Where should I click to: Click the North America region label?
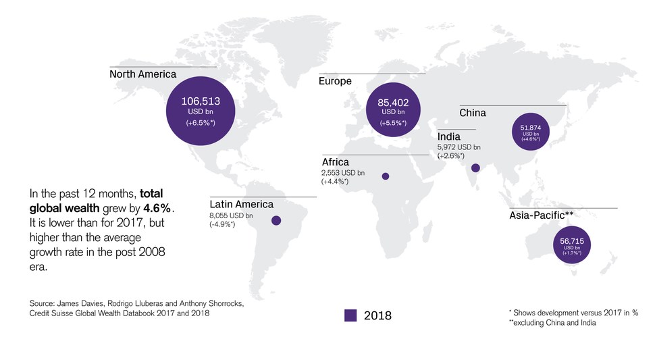(142, 74)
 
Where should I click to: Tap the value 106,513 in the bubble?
(201, 102)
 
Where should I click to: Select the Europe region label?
(335, 82)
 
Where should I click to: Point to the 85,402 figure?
(398, 103)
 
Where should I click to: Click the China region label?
(472, 113)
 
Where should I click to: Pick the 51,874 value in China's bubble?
(531, 127)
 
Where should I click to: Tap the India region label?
(449, 137)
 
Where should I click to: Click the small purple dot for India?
(475, 168)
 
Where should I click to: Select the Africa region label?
(336, 162)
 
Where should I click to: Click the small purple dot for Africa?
(386, 176)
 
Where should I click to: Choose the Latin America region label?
(241, 205)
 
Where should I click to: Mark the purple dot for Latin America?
(276, 220)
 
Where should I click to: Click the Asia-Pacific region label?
(541, 216)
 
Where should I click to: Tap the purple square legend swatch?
(350, 315)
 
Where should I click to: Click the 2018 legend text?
(377, 315)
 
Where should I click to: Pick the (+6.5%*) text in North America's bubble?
(201, 123)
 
